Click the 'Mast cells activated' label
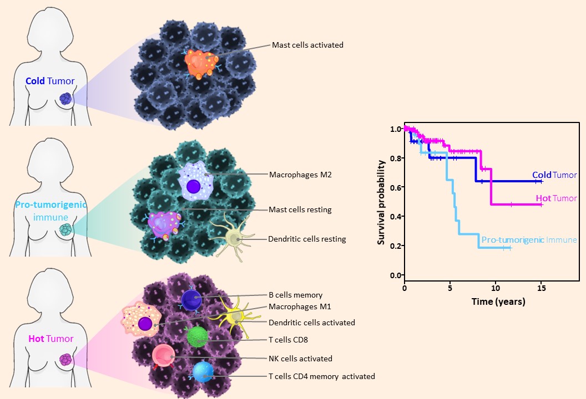coord(307,45)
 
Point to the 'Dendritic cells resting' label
coord(307,239)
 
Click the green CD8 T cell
coord(196,336)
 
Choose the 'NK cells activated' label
coord(300,359)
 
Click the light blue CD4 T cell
coord(203,371)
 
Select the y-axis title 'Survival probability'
coord(382,203)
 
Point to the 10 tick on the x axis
coord(496,289)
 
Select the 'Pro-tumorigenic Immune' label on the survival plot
coord(529,240)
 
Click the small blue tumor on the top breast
coord(66,99)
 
